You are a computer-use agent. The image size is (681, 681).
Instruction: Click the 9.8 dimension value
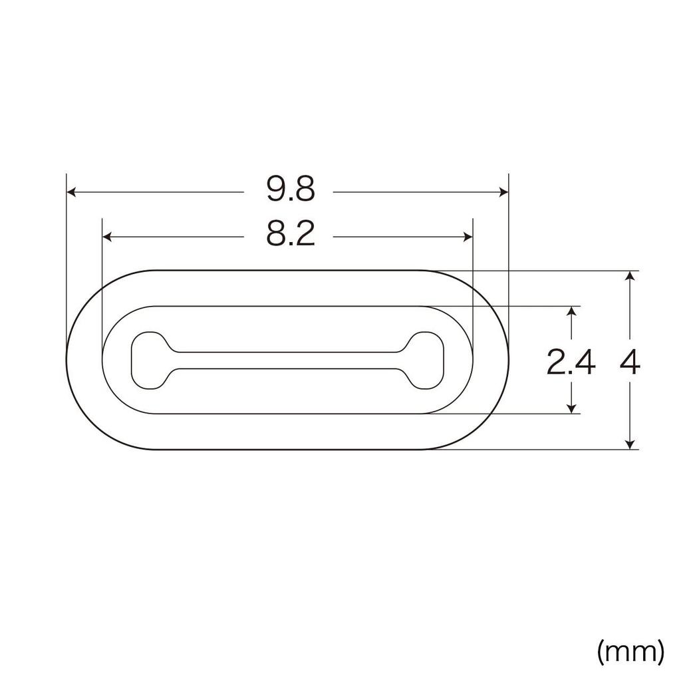point(289,191)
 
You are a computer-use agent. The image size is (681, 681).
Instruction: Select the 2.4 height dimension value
point(570,363)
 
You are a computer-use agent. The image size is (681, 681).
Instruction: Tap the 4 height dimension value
point(630,363)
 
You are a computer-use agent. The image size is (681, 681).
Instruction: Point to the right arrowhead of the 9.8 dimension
point(503,192)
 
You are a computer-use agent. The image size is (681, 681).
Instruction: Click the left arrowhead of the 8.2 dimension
point(107,237)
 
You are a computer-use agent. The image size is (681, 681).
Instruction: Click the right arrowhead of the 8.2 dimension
point(468,237)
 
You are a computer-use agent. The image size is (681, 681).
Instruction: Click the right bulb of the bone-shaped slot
point(426,360)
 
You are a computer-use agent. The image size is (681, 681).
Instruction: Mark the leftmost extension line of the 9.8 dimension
point(67,253)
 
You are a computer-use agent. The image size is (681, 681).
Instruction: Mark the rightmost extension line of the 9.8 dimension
point(509,253)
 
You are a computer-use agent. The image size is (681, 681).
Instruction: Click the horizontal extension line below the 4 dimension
point(532,450)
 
